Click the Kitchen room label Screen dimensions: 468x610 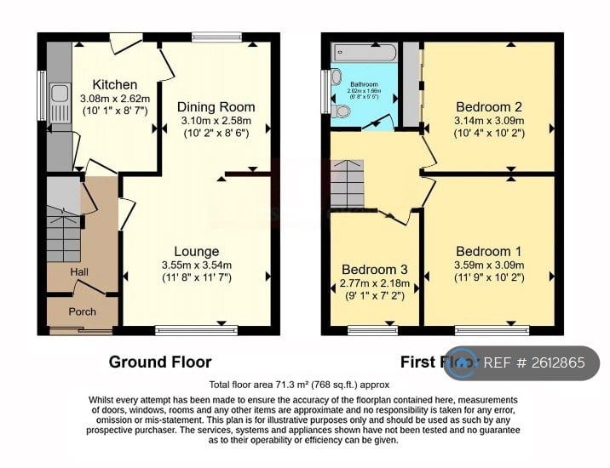coord(115,84)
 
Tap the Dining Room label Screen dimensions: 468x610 coord(216,106)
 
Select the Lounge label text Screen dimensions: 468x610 coord(196,251)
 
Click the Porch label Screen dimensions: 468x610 coord(83,311)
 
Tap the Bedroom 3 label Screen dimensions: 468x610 coord(370,270)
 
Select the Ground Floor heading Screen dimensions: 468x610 coord(160,362)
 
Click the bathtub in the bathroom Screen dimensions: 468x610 coord(365,53)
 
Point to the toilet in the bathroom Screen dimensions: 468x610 coord(342,111)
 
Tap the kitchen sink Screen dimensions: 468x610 coord(60,102)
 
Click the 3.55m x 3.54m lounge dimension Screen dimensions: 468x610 coord(196,265)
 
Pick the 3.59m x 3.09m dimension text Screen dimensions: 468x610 coord(489,265)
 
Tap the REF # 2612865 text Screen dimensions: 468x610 coord(534,363)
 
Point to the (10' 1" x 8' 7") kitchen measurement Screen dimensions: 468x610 coord(115,111)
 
